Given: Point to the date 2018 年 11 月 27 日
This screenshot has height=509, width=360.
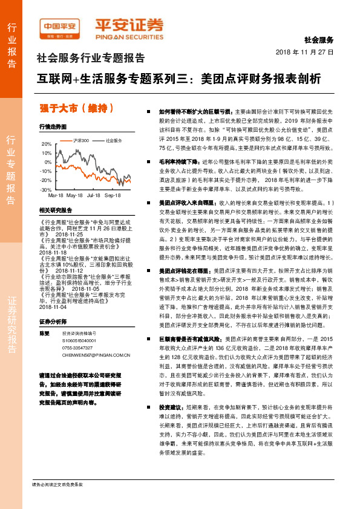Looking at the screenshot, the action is pyautogui.click(x=309, y=52).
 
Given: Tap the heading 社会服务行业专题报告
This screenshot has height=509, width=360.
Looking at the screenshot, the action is pyautogui.click(x=91, y=59).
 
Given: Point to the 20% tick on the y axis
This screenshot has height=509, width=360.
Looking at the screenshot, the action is pyautogui.click(x=47, y=144).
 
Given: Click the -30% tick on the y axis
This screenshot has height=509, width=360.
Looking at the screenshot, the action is pyautogui.click(x=46, y=190).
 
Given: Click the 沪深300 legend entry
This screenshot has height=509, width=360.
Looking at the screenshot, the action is pyautogui.click(x=81, y=140).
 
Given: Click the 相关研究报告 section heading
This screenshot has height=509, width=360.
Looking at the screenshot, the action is pyautogui.click(x=55, y=210).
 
